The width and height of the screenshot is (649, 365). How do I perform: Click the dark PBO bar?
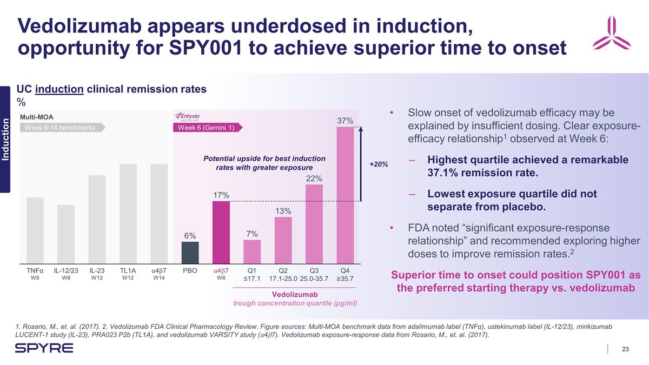[190, 252]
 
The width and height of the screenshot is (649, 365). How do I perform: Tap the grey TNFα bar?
[35, 230]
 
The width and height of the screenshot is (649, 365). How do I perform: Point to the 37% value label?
[345, 121]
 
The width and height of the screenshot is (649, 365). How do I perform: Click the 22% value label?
[314, 178]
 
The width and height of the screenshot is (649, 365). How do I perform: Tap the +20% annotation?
[379, 164]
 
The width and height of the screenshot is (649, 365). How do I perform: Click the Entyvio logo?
[187, 117]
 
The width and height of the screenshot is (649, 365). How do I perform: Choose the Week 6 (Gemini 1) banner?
[207, 128]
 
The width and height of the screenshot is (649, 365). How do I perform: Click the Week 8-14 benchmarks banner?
[62, 128]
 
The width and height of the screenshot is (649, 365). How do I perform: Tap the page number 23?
[625, 349]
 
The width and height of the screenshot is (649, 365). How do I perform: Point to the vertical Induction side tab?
[5, 139]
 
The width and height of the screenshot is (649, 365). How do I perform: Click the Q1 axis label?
[251, 270]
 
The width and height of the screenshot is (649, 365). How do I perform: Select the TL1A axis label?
[128, 270]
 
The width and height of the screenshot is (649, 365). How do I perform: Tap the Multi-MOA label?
[36, 116]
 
